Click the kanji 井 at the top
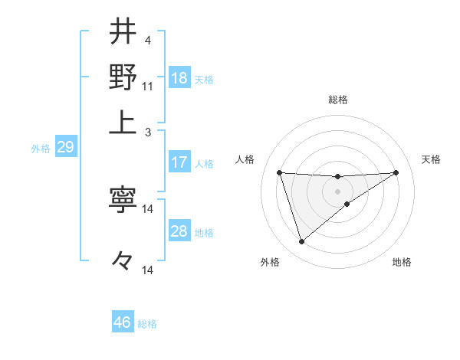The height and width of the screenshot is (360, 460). pyautogui.click(x=123, y=33)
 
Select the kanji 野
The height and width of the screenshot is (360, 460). pyautogui.click(x=123, y=77)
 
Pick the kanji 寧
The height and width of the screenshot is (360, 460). pyautogui.click(x=123, y=200)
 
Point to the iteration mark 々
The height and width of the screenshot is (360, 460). pyautogui.click(x=123, y=261)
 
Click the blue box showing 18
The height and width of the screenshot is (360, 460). pyautogui.click(x=179, y=78)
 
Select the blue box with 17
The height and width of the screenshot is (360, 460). pyautogui.click(x=179, y=162)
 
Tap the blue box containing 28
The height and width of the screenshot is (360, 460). pyautogui.click(x=179, y=231)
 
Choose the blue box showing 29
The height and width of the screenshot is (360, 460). pyautogui.click(x=66, y=147)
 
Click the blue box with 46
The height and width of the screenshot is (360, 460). pyautogui.click(x=123, y=322)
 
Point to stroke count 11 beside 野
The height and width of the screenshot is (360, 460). pyautogui.click(x=148, y=86)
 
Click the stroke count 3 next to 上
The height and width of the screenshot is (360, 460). pyautogui.click(x=148, y=132)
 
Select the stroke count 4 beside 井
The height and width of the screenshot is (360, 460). pyautogui.click(x=148, y=40)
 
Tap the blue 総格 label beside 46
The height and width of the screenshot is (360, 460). pyautogui.click(x=148, y=324)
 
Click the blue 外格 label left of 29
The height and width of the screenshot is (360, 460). pyautogui.click(x=40, y=149)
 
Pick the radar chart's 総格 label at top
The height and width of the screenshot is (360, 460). pyautogui.click(x=338, y=100)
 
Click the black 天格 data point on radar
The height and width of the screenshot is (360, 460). pyautogui.click(x=396, y=172)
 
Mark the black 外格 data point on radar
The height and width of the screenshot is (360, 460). pyautogui.click(x=301, y=242)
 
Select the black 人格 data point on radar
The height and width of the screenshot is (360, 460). pyautogui.click(x=280, y=172)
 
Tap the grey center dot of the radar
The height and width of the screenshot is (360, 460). pyautogui.click(x=338, y=190)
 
